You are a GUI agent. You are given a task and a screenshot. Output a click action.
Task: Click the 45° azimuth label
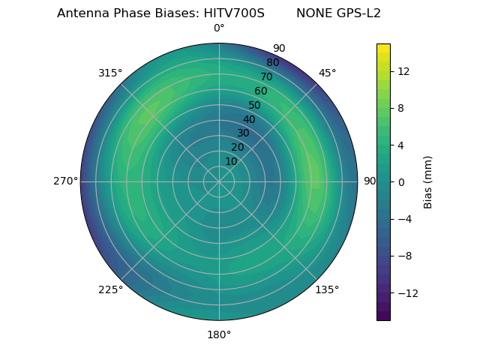[x=327, y=73]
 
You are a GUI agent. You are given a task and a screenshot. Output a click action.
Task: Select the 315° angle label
[x=110, y=73]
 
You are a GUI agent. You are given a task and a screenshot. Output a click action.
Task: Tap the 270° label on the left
[x=65, y=181]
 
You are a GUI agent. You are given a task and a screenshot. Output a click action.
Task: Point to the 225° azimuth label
[x=110, y=290]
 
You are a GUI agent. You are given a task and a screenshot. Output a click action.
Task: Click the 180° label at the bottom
[x=219, y=334]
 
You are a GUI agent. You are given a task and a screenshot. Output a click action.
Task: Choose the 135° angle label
[x=327, y=290]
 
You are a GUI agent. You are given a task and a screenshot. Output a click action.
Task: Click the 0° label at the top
[x=219, y=28]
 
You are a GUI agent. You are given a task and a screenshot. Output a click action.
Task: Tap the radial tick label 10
[x=232, y=161]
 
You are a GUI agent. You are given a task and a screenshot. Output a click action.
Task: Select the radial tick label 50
[x=255, y=106]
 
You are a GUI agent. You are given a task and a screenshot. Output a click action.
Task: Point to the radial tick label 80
[x=273, y=63]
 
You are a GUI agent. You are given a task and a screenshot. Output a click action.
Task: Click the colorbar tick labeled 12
[x=403, y=71]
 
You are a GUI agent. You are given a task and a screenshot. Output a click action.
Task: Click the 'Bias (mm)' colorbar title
[x=428, y=182]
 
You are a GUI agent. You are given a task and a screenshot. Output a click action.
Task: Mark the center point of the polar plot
[x=219, y=181]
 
